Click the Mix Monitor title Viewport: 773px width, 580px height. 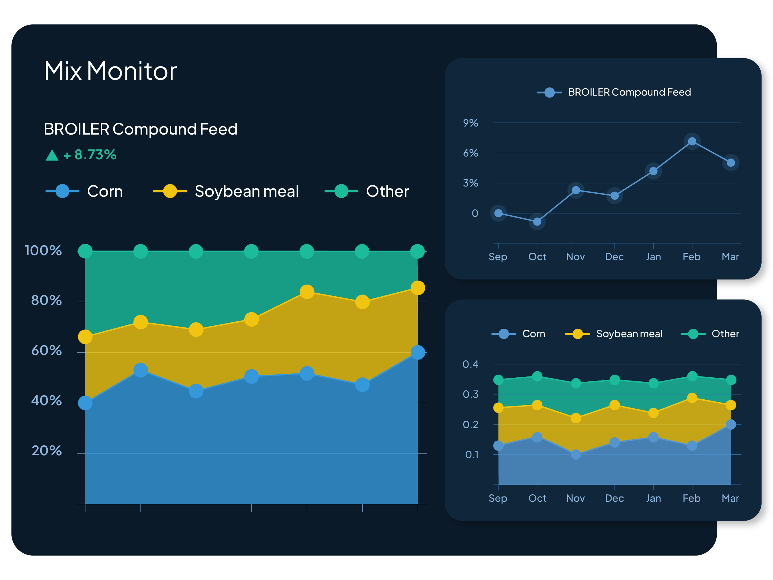point(110,71)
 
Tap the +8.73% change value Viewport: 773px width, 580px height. point(90,155)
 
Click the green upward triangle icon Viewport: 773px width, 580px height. point(52,155)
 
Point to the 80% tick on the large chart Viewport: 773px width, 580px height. point(46,300)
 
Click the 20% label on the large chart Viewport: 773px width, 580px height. point(46,451)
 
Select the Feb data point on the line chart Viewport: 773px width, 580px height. point(692,142)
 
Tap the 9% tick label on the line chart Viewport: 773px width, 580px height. point(470,123)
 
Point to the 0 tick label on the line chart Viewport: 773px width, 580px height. point(475,213)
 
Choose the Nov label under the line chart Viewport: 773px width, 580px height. point(575,257)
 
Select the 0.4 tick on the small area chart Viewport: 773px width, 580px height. point(470,364)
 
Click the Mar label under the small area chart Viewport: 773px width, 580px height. point(730,498)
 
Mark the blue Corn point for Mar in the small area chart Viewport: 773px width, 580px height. point(731,425)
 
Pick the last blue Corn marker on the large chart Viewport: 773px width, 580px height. point(418,352)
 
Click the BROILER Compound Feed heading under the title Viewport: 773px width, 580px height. point(140,129)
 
